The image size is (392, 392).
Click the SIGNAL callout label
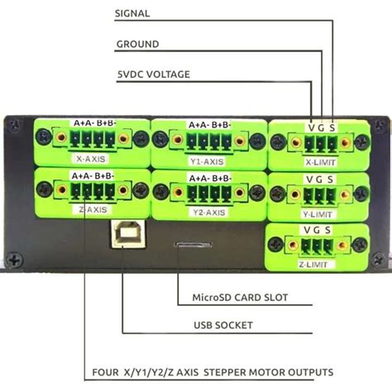132,15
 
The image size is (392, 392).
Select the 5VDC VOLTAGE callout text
154,74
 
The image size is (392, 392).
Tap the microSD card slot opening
192,245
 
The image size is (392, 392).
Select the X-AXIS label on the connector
91,155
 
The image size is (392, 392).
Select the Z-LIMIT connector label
314,265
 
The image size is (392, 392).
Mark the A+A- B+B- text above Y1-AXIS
209,125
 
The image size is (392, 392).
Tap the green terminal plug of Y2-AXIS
207,194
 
